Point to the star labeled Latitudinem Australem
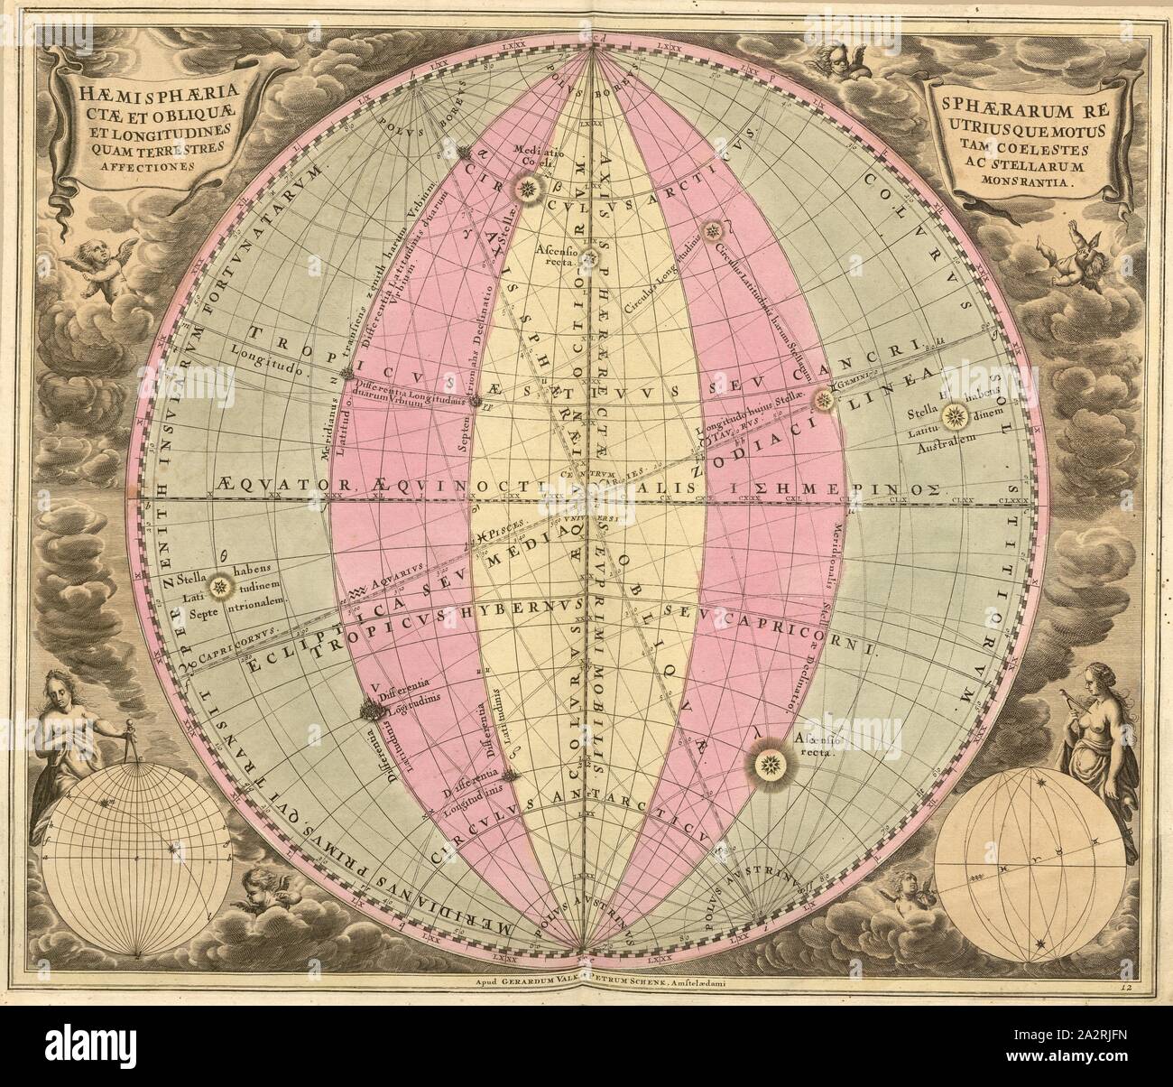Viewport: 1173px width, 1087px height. click(956, 416)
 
